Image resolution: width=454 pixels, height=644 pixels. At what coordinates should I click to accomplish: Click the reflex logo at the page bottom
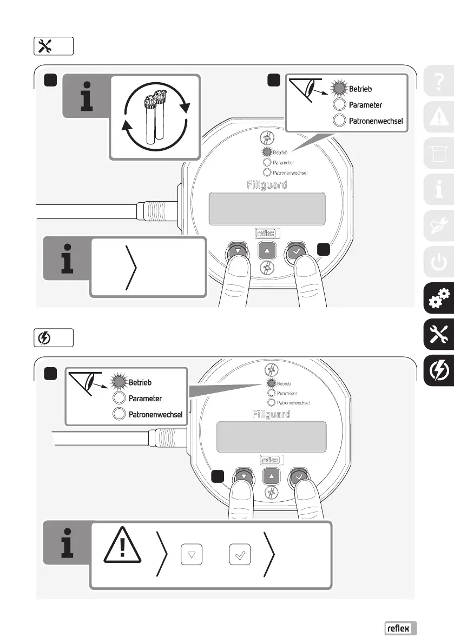click(400, 628)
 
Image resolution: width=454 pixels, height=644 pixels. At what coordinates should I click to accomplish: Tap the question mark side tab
click(438, 82)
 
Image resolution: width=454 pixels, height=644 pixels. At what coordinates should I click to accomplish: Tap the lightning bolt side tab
click(438, 371)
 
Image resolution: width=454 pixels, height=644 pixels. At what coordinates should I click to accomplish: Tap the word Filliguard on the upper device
click(267, 184)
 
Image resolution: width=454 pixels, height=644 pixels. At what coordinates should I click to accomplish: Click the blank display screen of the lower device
click(271, 429)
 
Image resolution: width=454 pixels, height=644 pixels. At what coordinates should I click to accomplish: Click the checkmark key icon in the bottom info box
click(240, 554)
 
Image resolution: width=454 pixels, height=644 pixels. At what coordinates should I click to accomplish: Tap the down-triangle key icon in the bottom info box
click(192, 554)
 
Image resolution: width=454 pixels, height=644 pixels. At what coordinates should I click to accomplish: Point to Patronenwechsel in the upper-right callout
click(375, 121)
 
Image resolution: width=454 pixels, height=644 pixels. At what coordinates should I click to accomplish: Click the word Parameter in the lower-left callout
click(145, 383)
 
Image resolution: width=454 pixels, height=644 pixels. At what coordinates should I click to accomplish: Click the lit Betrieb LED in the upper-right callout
click(340, 88)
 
